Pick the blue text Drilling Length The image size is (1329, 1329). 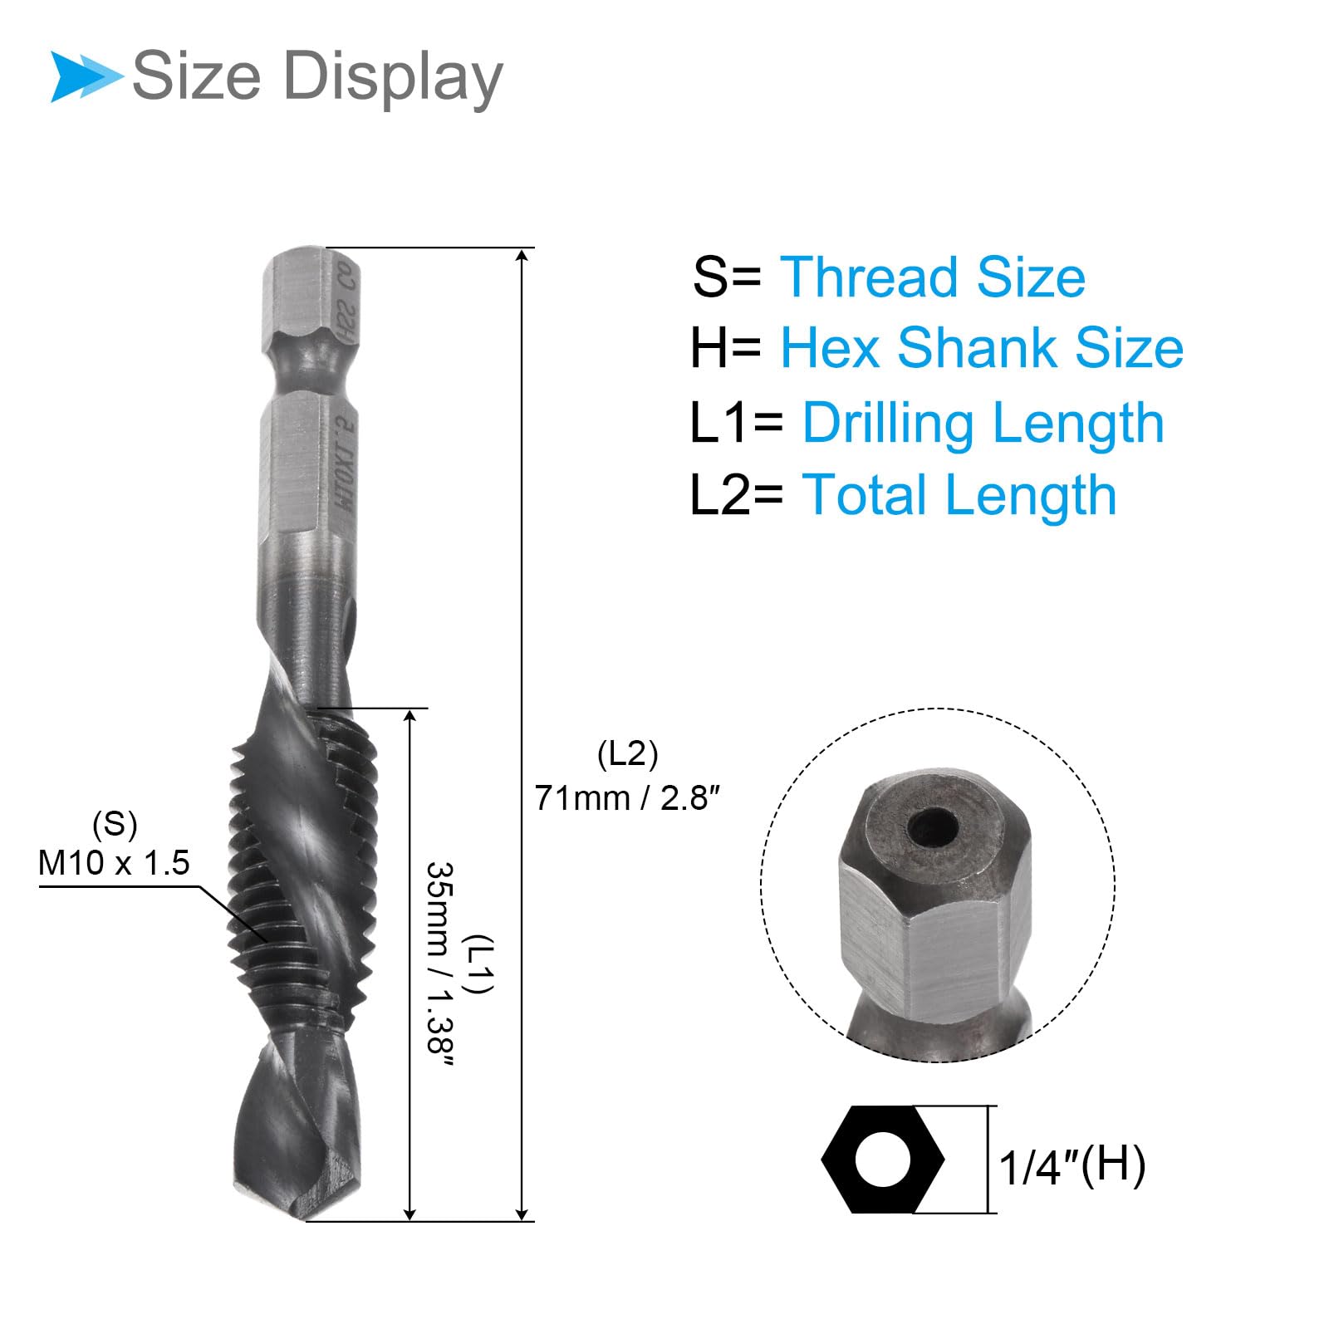click(x=983, y=424)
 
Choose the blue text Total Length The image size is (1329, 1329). click(x=959, y=495)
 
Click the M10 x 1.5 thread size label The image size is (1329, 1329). click(x=114, y=863)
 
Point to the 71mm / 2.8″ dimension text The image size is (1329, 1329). click(x=627, y=797)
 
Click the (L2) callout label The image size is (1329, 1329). click(x=628, y=754)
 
